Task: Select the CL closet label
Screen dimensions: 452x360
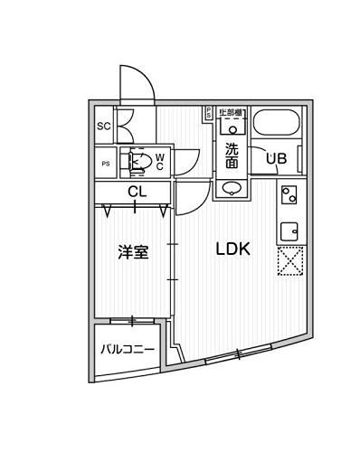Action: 136,191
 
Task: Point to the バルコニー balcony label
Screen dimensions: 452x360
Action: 127,348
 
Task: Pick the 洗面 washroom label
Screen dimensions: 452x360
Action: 232,155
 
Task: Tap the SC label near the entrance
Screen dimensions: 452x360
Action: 103,126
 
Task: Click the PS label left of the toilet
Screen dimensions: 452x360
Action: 106,164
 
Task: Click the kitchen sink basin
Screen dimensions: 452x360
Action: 289,230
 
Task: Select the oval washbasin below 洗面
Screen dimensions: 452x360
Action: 232,188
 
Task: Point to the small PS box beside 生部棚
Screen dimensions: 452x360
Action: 208,113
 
